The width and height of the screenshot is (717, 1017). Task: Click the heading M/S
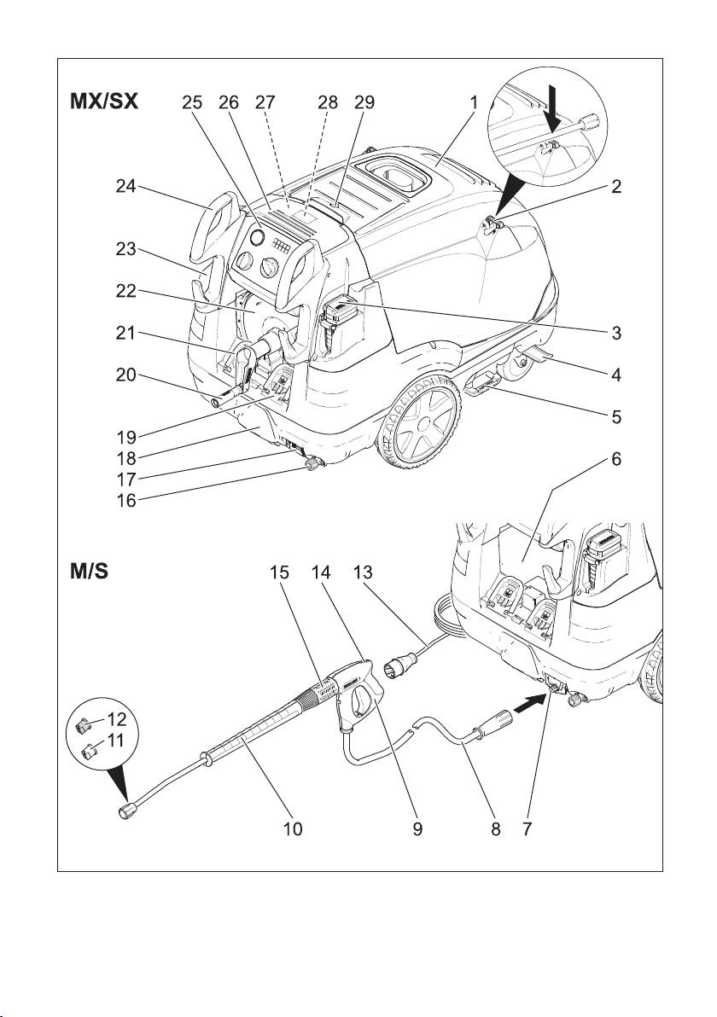(x=89, y=570)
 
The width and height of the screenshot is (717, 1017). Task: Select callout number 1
(x=473, y=102)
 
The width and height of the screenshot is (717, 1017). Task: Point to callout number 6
(x=615, y=461)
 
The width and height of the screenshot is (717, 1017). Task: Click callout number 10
(x=293, y=828)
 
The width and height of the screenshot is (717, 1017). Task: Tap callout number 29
(x=365, y=102)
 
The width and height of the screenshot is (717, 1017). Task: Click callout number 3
(x=615, y=333)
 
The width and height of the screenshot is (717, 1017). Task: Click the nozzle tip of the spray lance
(x=128, y=811)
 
